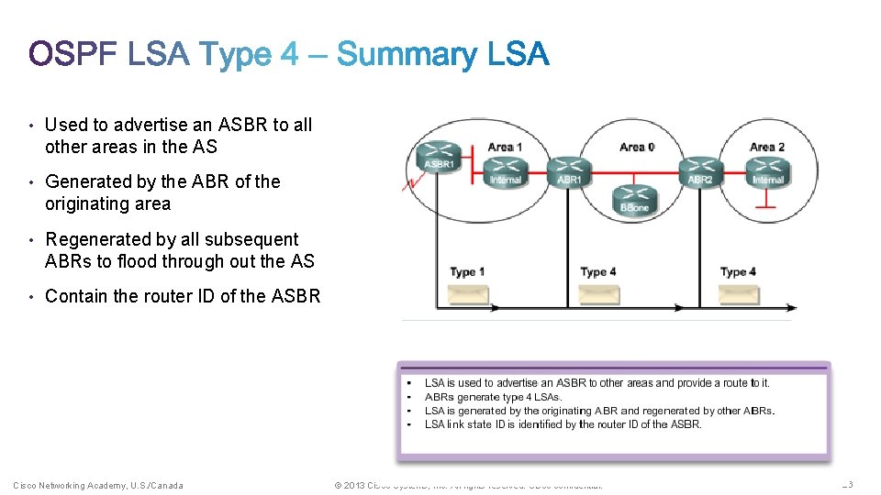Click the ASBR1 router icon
point(438,154)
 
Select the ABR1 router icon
point(569,169)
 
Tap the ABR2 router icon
point(700,169)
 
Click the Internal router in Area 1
point(505,169)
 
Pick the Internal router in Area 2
point(767,169)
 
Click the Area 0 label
point(637,147)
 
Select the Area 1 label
point(505,147)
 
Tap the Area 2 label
point(767,147)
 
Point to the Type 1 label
point(468,272)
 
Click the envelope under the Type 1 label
point(468,294)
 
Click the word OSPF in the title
point(73,55)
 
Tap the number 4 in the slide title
point(289,55)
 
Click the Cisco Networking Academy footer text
point(98,485)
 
